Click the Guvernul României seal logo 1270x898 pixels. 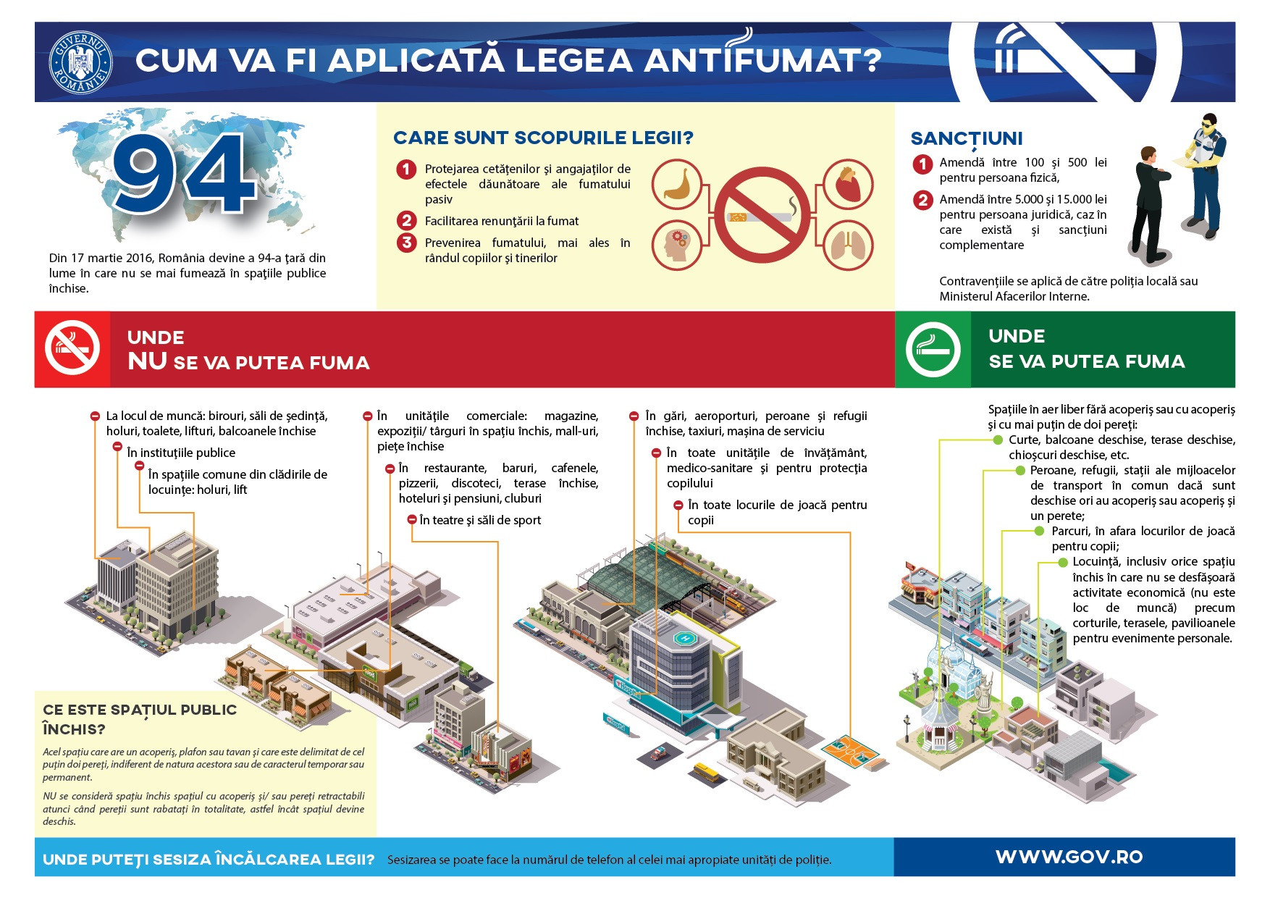tap(80, 62)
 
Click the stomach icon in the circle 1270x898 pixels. tap(677, 185)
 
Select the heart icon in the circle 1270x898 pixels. tap(848, 185)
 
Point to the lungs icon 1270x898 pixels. tap(848, 245)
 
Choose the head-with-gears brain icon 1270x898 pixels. tap(677, 245)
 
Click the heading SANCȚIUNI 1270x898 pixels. tap(966, 138)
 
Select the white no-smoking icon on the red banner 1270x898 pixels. tap(72, 349)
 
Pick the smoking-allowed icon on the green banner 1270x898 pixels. tap(933, 349)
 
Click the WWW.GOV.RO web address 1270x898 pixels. tap(1069, 857)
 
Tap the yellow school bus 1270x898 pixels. tap(709, 772)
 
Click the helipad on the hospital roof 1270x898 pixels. tap(683, 638)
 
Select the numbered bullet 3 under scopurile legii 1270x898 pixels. tap(406, 243)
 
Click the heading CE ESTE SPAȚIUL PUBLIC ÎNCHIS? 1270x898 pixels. tap(139, 719)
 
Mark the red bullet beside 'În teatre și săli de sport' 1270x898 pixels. tap(411, 520)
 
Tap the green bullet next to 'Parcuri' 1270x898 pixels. tap(1040, 531)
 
